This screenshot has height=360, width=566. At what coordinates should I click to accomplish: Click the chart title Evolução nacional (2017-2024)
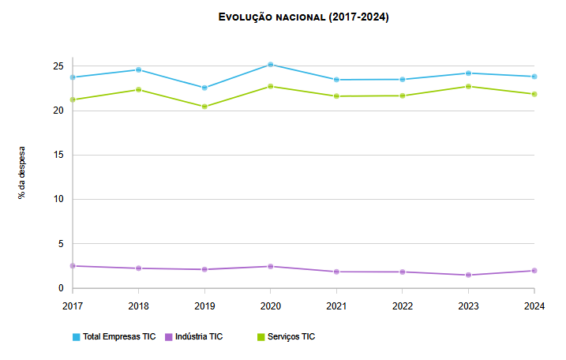[303, 17]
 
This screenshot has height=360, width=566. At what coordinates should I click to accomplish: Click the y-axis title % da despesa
[22, 172]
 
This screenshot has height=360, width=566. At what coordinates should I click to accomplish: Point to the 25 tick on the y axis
[58, 66]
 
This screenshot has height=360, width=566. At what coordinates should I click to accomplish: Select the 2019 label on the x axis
[204, 305]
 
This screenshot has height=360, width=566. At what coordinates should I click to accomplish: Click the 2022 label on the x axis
[403, 305]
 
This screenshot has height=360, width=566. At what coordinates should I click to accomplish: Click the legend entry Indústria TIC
[198, 336]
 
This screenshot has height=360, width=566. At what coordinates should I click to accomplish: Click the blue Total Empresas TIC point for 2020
[271, 65]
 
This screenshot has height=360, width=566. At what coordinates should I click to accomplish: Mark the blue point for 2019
[204, 88]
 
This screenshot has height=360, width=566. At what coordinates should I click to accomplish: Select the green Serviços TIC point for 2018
[139, 89]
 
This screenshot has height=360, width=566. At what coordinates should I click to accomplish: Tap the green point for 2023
[469, 86]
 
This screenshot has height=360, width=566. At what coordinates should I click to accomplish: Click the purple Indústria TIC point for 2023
[469, 275]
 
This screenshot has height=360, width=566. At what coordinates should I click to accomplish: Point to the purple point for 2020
[271, 266]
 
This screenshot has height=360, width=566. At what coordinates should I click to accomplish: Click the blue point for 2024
[534, 77]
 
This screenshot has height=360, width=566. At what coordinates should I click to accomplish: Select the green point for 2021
[337, 96]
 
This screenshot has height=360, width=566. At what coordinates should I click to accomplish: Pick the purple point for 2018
[139, 268]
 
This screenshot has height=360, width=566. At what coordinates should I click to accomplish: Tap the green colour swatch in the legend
[262, 337]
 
